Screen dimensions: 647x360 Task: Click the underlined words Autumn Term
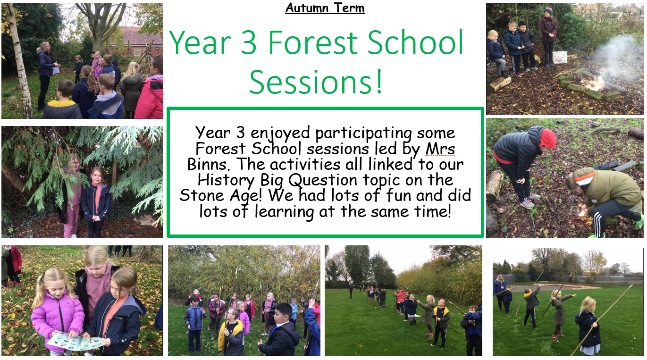pos(325,8)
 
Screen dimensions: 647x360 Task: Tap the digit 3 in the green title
pos(248,43)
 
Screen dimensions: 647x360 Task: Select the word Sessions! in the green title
pos(316,82)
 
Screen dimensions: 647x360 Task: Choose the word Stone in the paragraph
pos(202,195)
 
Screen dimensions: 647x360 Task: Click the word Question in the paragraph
pos(323,180)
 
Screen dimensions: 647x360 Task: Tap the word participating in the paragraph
pos(363,134)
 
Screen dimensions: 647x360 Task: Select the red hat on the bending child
pos(548,138)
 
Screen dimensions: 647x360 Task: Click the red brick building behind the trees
pos(139,41)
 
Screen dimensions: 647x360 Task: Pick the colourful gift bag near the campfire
pos(560,57)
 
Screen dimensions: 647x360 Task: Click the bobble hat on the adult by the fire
pos(548,11)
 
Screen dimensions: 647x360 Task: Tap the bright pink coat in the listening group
pos(150,97)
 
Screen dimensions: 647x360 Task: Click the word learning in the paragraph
pos(284,212)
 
